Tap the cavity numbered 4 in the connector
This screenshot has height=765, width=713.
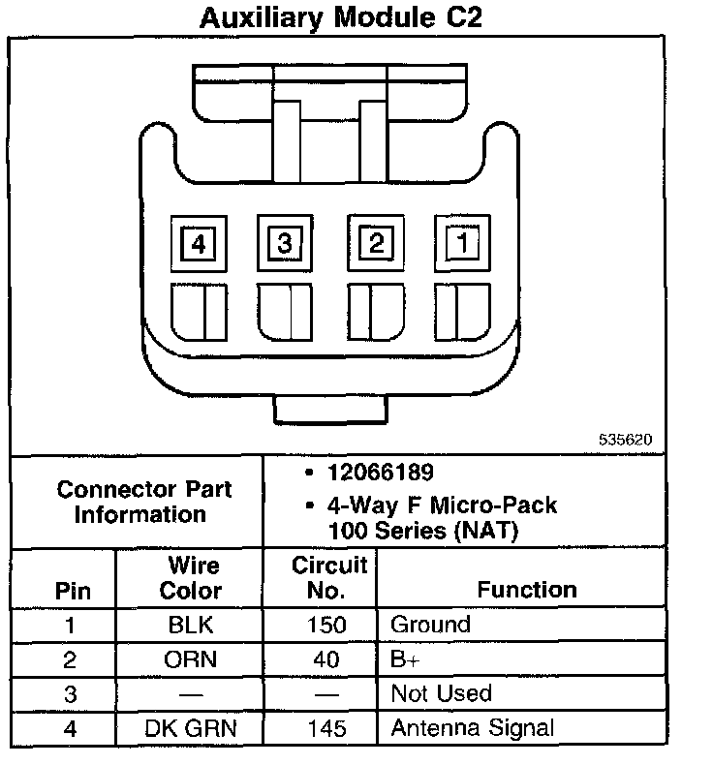coord(199,244)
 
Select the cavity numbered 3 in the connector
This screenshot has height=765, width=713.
coord(285,243)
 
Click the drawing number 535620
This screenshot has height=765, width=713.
coord(625,439)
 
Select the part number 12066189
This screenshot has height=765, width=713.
coord(381,473)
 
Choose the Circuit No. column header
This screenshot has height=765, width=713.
coord(328,577)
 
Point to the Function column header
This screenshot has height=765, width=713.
coord(526,589)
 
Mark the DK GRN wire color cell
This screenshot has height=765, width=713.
coord(191,728)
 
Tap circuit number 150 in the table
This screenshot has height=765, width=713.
coord(327,626)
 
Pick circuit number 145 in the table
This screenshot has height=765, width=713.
coord(327,728)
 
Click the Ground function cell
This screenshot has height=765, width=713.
coord(430,626)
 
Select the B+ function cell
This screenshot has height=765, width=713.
coord(405,659)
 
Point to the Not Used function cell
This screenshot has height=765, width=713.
coord(441,694)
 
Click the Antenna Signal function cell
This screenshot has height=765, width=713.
coord(472,728)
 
